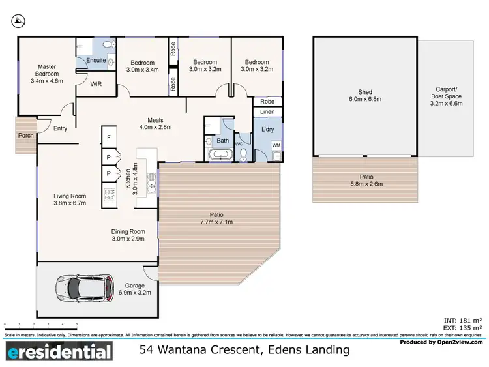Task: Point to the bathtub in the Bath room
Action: (220, 154)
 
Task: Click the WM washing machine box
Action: (276, 145)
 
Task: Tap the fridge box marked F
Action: (108, 138)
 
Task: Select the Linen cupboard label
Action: (267, 113)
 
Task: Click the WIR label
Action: (95, 84)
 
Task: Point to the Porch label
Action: (26, 135)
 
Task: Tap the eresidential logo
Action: (59, 353)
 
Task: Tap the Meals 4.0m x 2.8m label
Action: (156, 123)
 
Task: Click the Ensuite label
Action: (96, 61)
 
